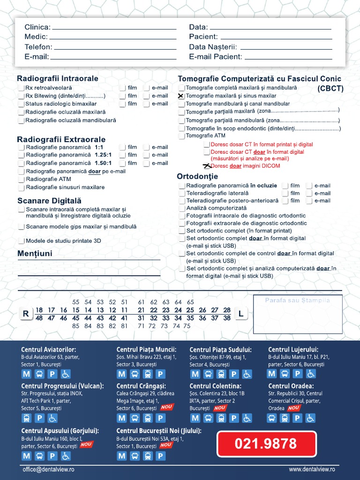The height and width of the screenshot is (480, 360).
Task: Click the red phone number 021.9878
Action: tap(266, 443)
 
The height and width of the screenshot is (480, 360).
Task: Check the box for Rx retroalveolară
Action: tap(21, 88)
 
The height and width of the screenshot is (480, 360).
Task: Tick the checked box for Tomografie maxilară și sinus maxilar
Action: tap(181, 96)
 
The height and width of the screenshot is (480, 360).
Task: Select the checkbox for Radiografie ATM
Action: tap(21, 180)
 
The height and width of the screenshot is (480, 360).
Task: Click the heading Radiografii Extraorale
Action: tap(61, 139)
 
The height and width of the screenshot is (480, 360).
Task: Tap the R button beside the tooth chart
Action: tap(26, 314)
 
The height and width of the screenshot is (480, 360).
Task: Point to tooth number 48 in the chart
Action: tap(39, 318)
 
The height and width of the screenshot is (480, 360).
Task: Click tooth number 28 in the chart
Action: tap(227, 310)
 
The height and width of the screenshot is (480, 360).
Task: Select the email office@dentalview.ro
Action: tap(48, 469)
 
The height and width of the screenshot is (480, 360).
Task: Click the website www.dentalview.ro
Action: tap(312, 469)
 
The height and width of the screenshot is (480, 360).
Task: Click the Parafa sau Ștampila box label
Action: tap(297, 300)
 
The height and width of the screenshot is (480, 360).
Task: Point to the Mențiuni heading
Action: tap(35, 254)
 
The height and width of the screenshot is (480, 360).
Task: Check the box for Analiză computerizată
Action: tap(182, 208)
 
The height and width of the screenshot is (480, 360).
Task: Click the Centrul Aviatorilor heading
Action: tap(49, 349)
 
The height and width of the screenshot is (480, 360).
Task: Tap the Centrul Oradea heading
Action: tap(291, 386)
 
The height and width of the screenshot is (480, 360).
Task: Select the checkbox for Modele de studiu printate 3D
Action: tap(21, 241)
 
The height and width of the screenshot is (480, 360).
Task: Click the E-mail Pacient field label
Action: tap(216, 57)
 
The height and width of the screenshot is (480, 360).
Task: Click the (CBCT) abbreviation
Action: tap(330, 88)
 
